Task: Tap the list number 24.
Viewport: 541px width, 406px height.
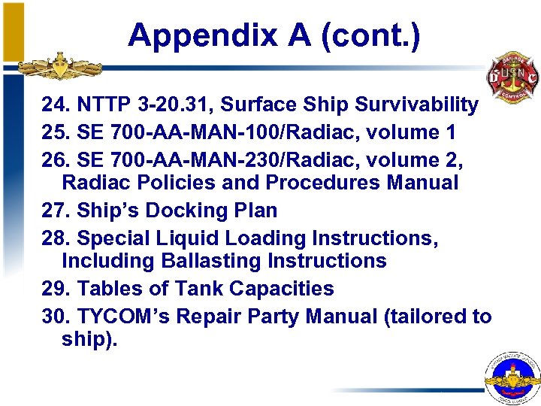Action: click(54, 105)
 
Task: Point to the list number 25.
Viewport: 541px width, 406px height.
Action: click(54, 132)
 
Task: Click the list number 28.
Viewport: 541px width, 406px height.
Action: click(54, 238)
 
